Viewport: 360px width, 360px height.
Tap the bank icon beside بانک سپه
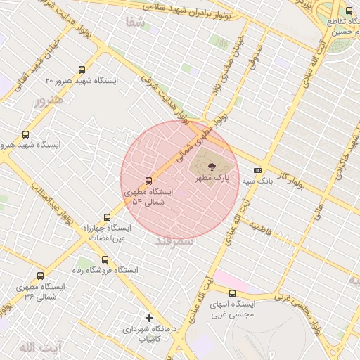tap(258, 169)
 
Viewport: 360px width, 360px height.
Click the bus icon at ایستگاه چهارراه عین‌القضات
tap(107, 217)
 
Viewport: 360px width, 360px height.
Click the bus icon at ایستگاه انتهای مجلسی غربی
tap(233, 293)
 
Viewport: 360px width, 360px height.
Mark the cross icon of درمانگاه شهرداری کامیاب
tap(148, 318)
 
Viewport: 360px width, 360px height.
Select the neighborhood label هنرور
tap(49, 99)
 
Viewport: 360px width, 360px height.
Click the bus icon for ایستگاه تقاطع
tap(349, 11)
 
